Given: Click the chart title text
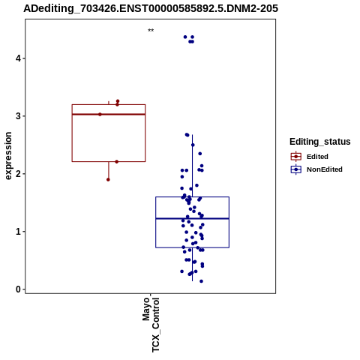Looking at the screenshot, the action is click(151, 8).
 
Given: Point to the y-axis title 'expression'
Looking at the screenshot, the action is click(8, 156).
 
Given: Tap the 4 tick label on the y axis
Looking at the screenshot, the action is click(18, 58).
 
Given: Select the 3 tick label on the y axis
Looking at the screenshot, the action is click(18, 116).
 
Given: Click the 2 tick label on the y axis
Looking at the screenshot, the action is click(18, 174).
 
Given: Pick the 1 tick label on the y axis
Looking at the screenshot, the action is click(18, 232).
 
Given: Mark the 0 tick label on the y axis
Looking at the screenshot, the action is click(18, 289).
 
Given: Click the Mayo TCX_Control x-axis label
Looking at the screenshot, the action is click(151, 325).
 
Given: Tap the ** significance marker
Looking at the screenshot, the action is click(151, 31).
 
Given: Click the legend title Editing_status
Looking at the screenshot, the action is click(320, 142).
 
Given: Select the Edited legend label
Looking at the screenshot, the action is click(317, 157).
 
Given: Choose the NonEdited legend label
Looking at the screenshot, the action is click(325, 169).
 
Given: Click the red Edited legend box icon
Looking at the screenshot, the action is click(296, 157).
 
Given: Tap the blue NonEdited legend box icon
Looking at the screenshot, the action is click(296, 169).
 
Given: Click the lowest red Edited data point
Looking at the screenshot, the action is click(108, 179).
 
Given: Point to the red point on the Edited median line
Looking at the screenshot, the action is click(100, 114).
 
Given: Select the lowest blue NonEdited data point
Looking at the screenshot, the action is click(201, 281).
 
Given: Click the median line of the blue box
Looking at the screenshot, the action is click(192, 218).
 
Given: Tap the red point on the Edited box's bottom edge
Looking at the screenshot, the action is click(117, 162).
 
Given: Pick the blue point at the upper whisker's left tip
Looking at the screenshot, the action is click(187, 135).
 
